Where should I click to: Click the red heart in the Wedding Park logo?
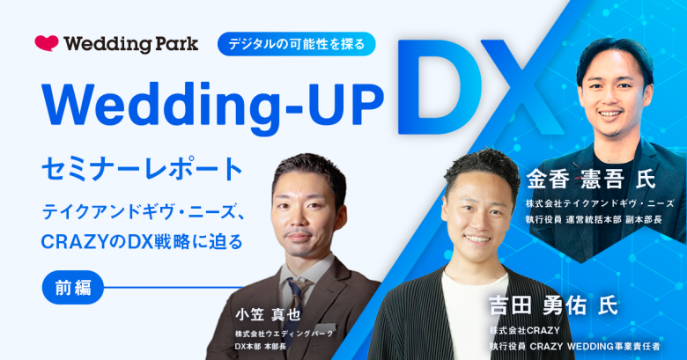(x=47, y=43)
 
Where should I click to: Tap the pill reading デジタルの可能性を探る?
(x=297, y=44)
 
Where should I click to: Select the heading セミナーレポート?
(x=143, y=170)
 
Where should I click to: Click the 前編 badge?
(x=73, y=287)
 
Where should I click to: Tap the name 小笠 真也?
(x=268, y=314)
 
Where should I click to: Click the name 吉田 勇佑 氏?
(x=553, y=305)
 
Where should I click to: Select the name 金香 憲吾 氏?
(x=591, y=179)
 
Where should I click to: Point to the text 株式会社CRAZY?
(x=524, y=330)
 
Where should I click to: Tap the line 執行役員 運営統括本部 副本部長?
(x=594, y=219)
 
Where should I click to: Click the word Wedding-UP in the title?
(x=212, y=108)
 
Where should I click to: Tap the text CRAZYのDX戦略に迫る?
(x=142, y=242)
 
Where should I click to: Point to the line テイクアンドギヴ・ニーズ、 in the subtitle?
(x=143, y=213)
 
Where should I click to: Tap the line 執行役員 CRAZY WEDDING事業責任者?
(x=575, y=347)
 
